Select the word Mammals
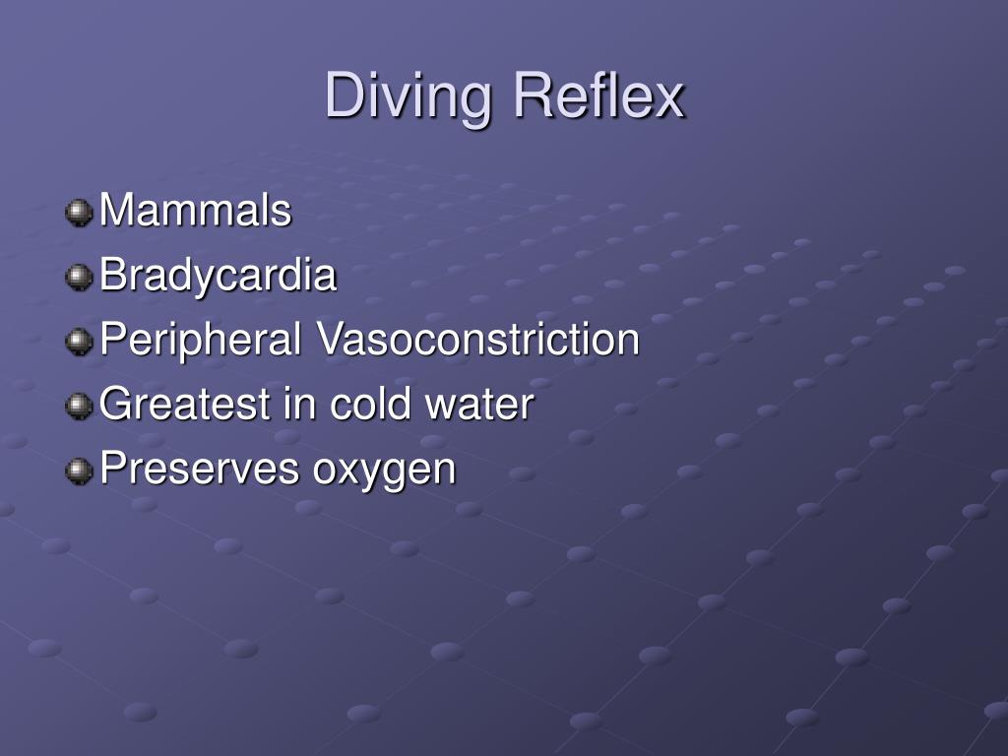(196, 211)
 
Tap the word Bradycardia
(219, 276)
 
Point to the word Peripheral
(201, 341)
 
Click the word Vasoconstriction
(477, 341)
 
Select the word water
(479, 405)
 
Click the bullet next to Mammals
(78, 213)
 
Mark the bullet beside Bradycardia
(78, 278)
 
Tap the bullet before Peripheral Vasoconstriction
(78, 343)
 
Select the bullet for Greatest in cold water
(78, 407)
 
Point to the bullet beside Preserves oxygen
(78, 471)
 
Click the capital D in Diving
(343, 97)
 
